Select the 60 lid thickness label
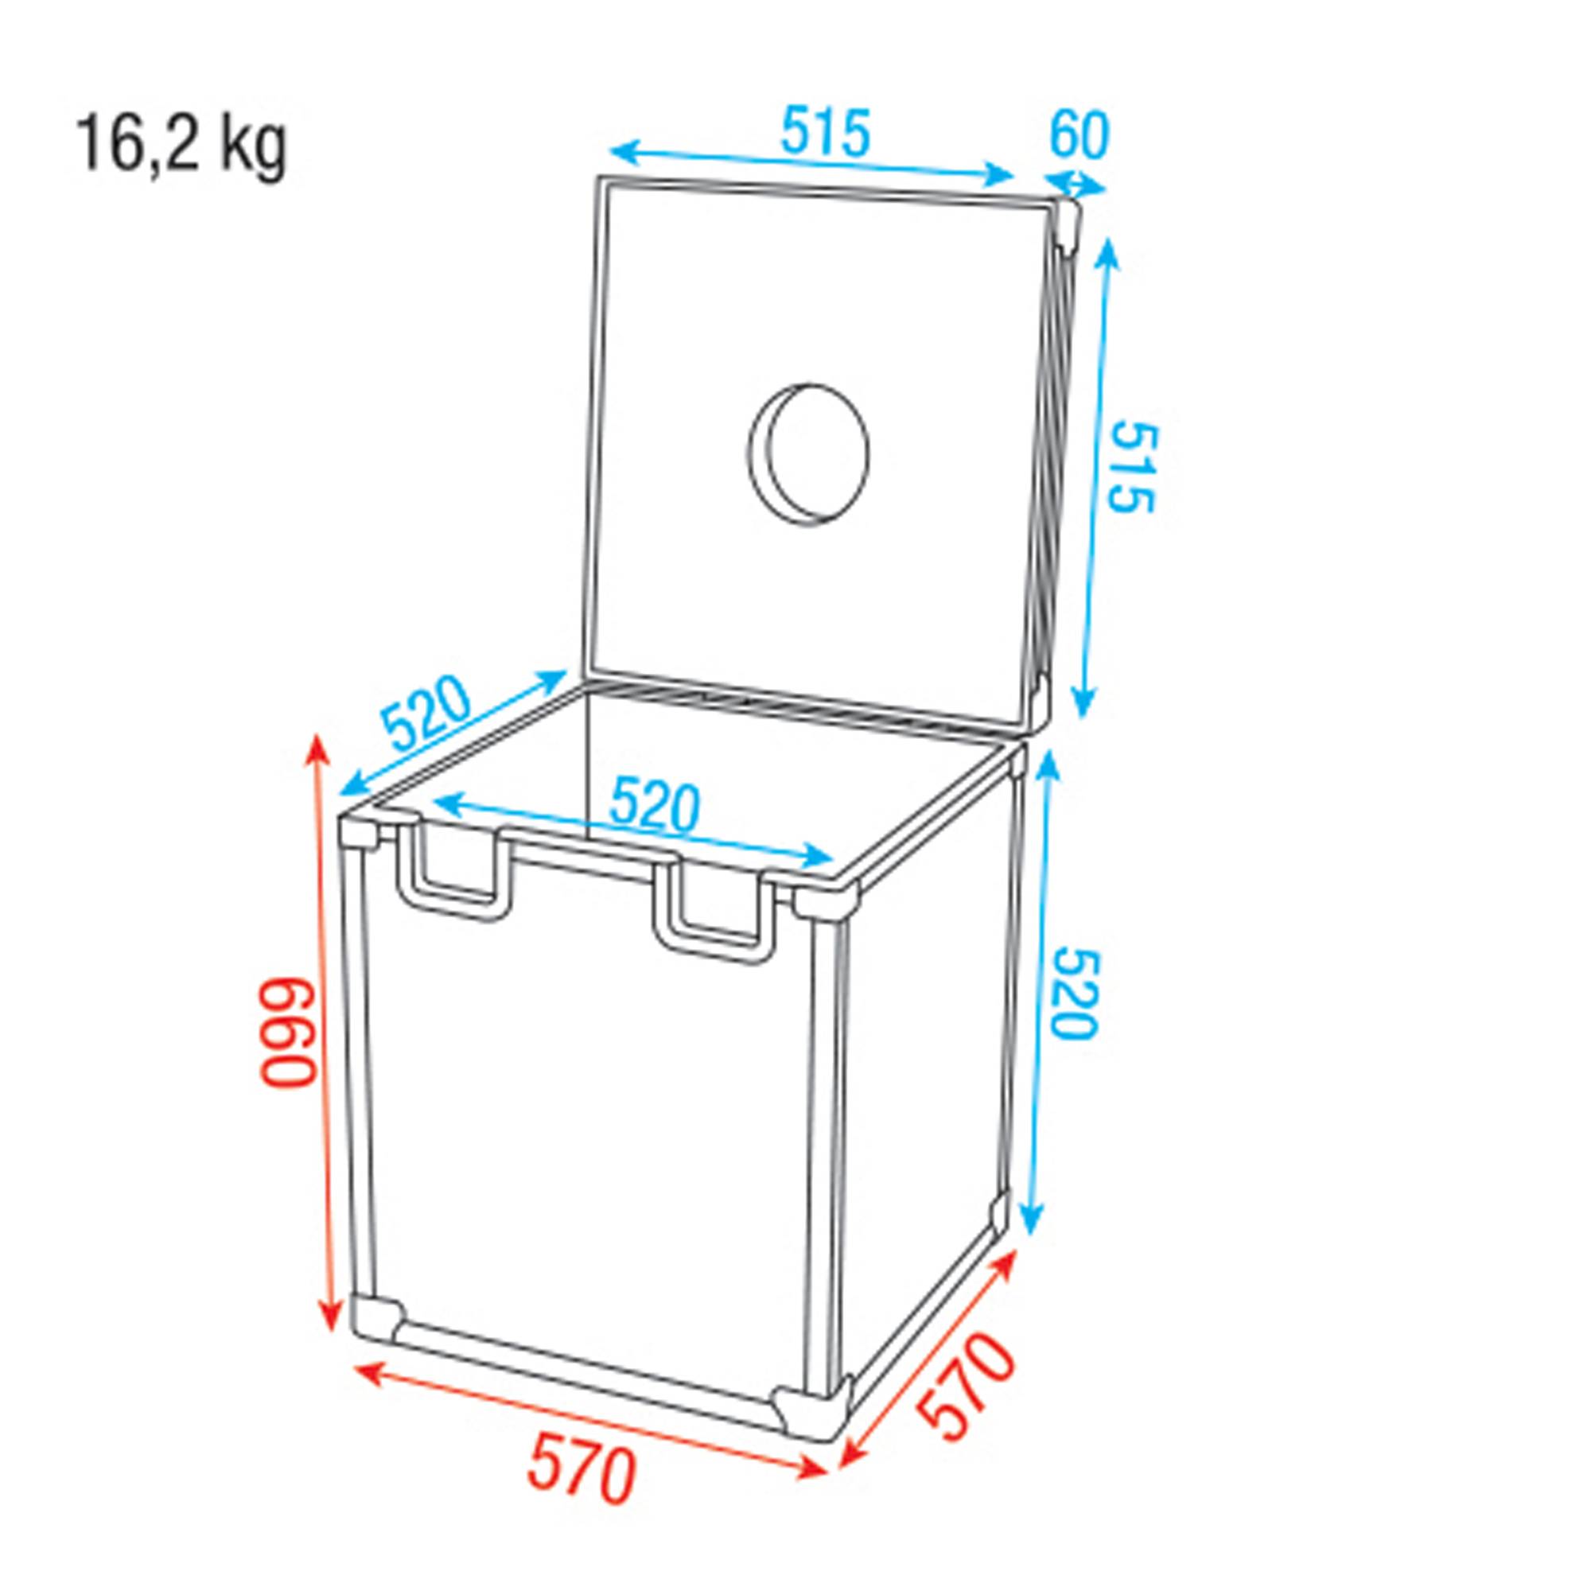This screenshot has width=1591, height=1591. (1079, 136)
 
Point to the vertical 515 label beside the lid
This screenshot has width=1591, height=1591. (1133, 467)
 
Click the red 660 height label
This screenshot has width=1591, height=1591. (289, 1032)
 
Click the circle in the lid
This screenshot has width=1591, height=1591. (809, 453)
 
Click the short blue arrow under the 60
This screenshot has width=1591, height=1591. (1076, 185)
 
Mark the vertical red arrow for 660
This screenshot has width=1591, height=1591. (324, 1032)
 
